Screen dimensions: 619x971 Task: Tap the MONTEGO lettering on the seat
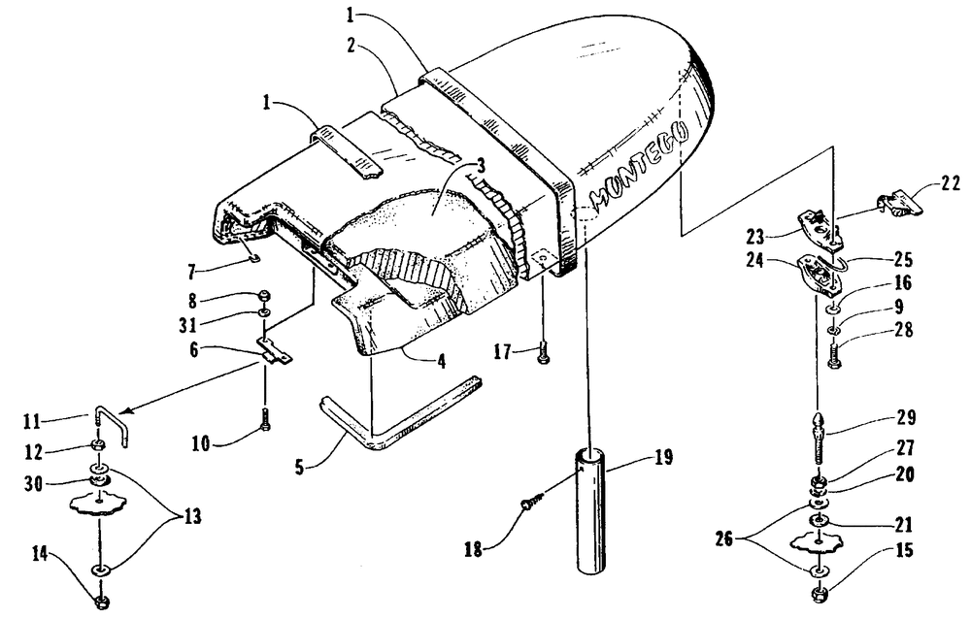pyautogui.click(x=641, y=166)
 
